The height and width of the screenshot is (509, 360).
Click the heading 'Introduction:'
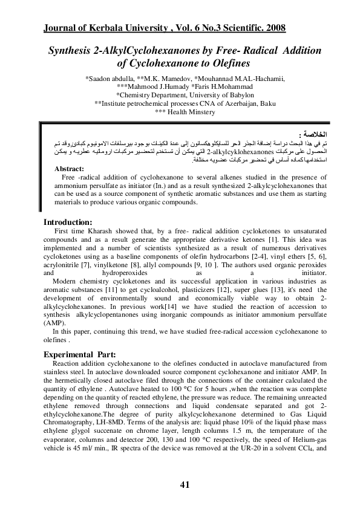click(x=68, y=221)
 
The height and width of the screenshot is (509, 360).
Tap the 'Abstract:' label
click(x=69, y=168)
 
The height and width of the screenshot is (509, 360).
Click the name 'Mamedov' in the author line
click(x=159, y=78)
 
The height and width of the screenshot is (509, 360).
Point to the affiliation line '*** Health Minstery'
click(x=185, y=112)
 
